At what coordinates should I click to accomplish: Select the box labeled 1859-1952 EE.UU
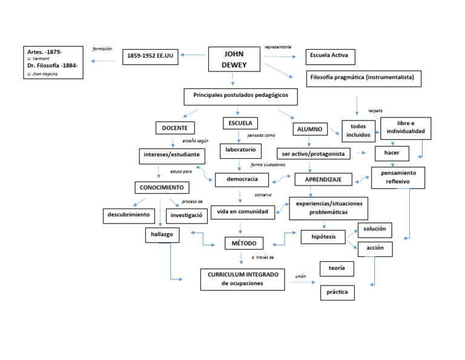(151, 56)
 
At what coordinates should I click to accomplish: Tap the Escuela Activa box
(329, 57)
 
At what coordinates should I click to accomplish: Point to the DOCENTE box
(175, 128)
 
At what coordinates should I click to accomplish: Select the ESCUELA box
(240, 123)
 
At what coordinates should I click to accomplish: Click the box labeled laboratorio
(241, 149)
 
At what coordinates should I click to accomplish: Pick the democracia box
(242, 179)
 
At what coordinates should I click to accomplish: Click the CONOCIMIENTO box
(162, 187)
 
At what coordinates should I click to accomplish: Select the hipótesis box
(323, 236)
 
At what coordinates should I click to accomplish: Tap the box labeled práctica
(337, 292)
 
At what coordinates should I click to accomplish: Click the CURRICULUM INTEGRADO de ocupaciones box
(242, 279)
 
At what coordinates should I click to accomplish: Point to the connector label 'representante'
(278, 47)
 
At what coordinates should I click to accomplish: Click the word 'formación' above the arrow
(102, 48)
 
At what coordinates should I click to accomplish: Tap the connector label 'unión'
(300, 276)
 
